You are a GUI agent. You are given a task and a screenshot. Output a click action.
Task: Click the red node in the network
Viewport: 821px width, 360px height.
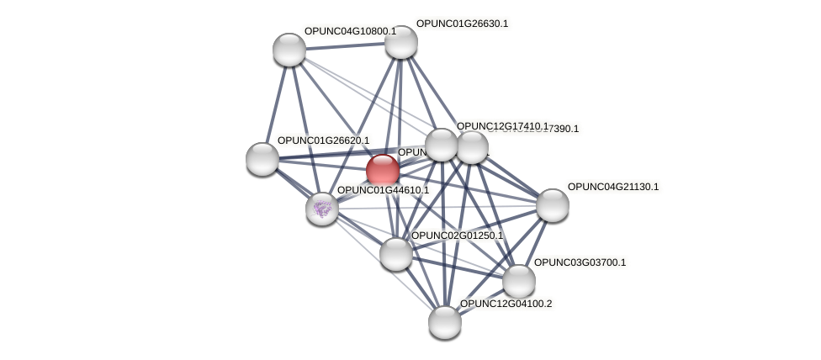[383, 171]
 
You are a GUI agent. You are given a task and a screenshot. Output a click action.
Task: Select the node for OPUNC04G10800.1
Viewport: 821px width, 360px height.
[289, 50]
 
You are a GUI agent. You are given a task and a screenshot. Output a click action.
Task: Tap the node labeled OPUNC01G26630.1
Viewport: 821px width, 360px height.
[401, 42]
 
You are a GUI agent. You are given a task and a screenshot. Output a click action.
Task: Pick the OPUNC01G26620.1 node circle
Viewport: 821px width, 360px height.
[262, 158]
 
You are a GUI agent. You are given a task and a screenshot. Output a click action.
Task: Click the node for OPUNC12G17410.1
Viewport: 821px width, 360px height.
[442, 145]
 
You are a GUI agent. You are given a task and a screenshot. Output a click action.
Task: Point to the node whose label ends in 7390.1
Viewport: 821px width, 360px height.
[473, 147]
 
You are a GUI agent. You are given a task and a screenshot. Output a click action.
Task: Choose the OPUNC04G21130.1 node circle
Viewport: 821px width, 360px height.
[553, 204]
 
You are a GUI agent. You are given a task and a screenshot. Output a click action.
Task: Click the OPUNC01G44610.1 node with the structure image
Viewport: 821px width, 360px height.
[322, 208]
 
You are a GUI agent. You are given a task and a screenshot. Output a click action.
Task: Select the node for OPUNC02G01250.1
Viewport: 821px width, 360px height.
[396, 253]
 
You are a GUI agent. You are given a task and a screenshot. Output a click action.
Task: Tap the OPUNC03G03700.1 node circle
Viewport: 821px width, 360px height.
[519, 280]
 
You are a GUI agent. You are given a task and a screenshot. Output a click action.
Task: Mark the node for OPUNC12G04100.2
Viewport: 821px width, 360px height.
[445, 321]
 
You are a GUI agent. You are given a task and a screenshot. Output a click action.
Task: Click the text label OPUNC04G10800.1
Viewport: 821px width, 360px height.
[350, 32]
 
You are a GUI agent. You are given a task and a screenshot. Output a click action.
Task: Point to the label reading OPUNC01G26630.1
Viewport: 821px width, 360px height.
[462, 24]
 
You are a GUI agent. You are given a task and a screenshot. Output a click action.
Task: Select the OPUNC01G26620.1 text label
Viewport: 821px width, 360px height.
[323, 140]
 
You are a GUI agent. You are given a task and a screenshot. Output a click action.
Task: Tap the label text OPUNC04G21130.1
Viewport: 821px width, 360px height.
[613, 187]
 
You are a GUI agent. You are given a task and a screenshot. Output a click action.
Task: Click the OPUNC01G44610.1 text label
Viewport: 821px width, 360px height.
[383, 190]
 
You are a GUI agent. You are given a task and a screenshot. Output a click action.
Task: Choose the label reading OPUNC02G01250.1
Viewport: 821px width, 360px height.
[457, 236]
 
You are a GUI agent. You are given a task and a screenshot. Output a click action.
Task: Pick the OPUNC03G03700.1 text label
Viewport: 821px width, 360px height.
[580, 262]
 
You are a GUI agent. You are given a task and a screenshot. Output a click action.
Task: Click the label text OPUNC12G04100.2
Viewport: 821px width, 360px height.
[506, 304]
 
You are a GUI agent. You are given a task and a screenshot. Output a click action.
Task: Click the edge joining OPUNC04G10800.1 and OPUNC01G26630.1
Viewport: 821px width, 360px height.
[345, 46]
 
